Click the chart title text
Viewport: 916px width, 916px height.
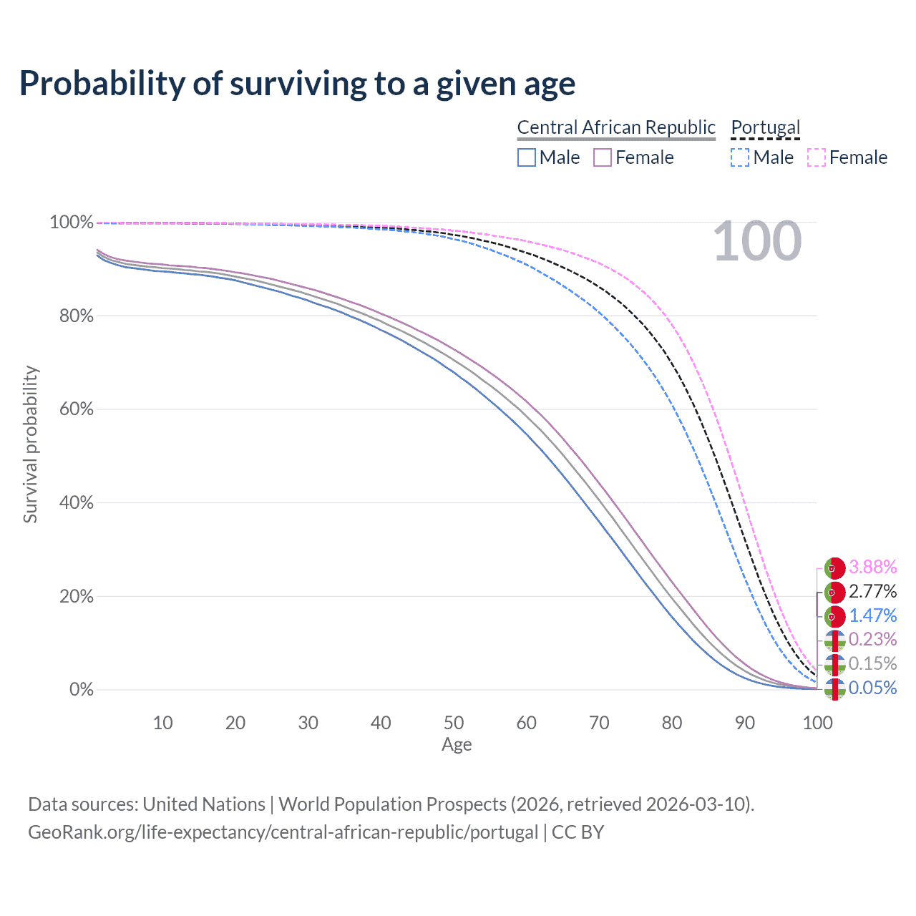(x=297, y=84)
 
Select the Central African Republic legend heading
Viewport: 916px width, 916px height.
(x=615, y=127)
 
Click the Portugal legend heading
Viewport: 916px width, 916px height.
(x=765, y=127)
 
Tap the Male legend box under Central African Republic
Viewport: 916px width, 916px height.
(x=527, y=157)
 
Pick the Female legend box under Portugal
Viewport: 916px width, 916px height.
(x=817, y=157)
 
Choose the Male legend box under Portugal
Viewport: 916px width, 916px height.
(x=740, y=157)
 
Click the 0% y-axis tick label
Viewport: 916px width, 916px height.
(x=82, y=690)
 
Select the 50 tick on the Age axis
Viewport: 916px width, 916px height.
(x=454, y=723)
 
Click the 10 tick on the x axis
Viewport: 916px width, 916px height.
(x=162, y=723)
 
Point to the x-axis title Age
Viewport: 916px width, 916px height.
(x=457, y=745)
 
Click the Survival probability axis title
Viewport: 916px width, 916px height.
(x=30, y=444)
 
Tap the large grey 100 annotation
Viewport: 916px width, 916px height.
(x=757, y=241)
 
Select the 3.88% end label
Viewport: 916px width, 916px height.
(x=872, y=567)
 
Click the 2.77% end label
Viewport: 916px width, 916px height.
(x=872, y=591)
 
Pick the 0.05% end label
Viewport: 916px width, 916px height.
(x=872, y=688)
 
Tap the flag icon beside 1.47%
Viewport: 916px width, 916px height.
(x=834, y=616)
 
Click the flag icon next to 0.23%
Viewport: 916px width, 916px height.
(x=834, y=640)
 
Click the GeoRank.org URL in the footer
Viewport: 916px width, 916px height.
(x=283, y=832)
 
